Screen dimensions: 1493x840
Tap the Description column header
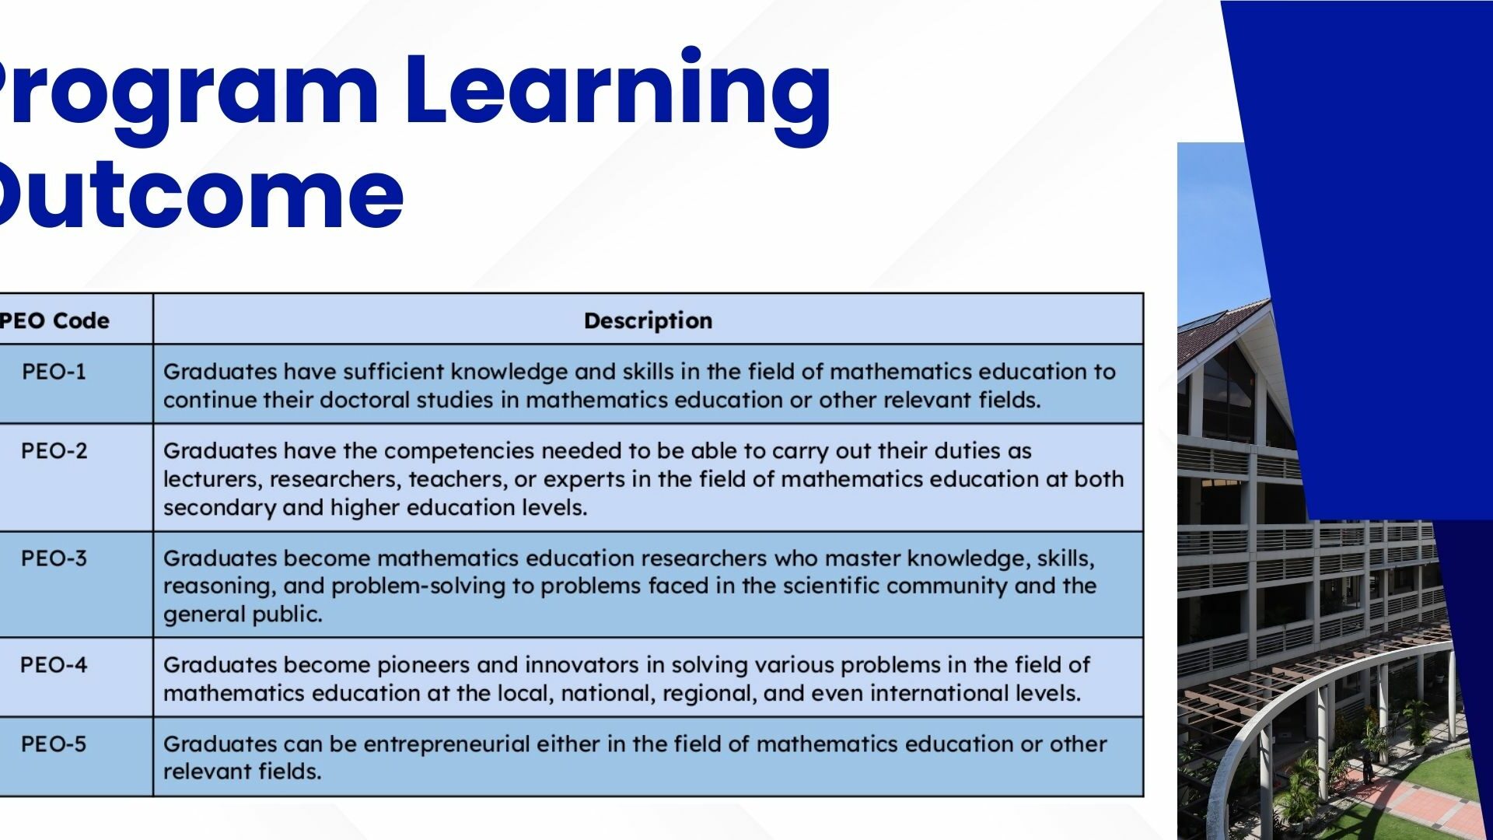point(648,321)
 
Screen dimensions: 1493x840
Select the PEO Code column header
point(54,320)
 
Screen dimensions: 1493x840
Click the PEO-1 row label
point(54,372)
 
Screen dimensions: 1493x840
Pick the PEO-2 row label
point(54,451)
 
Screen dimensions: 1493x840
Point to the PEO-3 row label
point(54,558)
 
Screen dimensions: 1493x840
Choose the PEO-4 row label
point(54,665)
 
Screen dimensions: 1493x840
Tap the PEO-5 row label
point(54,744)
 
